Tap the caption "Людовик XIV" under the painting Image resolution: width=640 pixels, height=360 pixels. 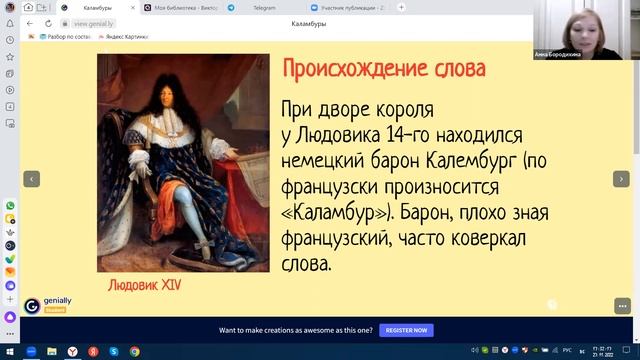point(145,285)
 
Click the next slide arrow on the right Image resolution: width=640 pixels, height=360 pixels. point(619,178)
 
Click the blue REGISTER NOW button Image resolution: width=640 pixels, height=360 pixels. point(407,330)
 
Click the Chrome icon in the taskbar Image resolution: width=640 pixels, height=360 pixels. point(134,352)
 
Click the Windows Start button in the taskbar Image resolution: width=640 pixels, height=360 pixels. point(9,352)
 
